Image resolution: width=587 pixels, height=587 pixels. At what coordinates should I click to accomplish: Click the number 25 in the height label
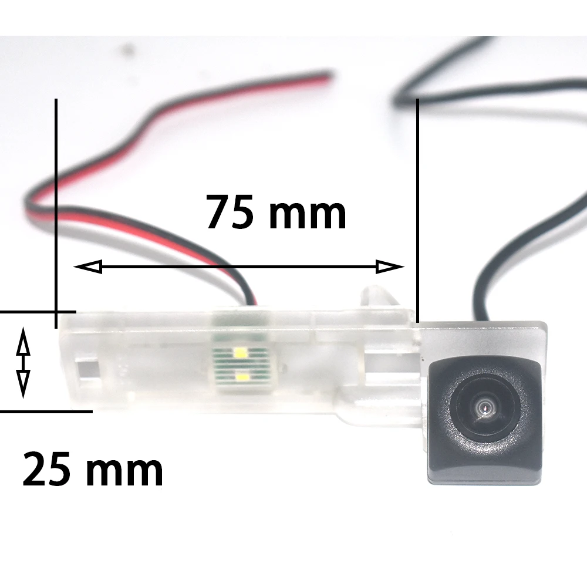tap(49, 470)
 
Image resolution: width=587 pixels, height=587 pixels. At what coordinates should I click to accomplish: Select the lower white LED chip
tap(241, 375)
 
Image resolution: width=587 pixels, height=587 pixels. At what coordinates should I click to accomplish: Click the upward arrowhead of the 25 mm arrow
tap(23, 339)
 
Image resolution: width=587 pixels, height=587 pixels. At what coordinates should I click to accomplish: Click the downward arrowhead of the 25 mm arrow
tap(23, 386)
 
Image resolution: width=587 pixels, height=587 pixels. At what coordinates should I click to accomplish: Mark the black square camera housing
tap(483, 420)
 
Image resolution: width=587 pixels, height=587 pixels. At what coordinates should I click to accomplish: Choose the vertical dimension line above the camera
tap(417, 205)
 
